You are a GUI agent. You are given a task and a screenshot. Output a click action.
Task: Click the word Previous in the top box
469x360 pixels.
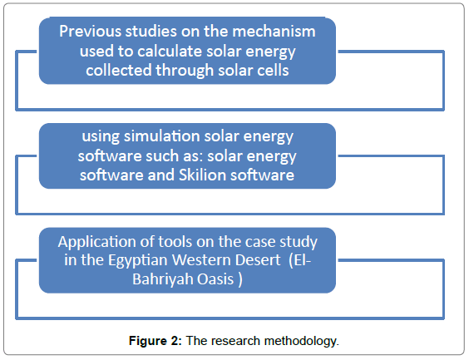tap(91, 32)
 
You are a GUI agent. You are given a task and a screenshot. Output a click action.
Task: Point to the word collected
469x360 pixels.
tap(119, 71)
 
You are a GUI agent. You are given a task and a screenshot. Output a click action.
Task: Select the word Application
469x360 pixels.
tap(97, 242)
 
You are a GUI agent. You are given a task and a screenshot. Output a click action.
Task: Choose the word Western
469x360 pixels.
tap(201, 260)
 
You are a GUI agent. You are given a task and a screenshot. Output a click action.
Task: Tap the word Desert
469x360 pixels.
tap(258, 260)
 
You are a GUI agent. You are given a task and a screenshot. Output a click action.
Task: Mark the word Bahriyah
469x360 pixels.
tap(163, 279)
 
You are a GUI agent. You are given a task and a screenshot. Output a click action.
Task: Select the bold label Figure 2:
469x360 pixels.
tap(156, 341)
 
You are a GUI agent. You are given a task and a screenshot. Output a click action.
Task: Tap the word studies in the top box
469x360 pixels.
tap(151, 32)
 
